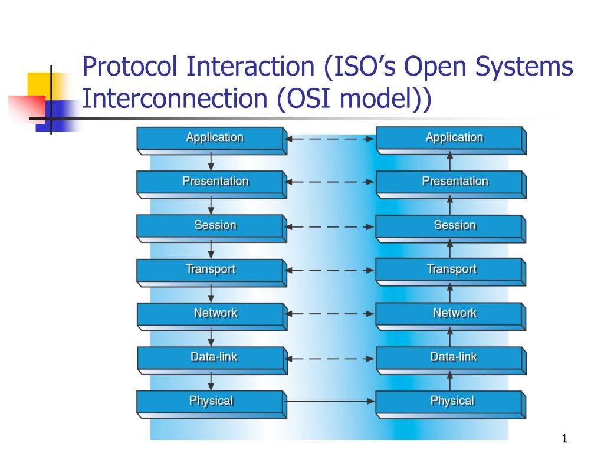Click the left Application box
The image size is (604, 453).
coord(211,140)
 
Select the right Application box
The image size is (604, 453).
coord(451,140)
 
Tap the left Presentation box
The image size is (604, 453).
coord(211,183)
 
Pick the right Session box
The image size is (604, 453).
coord(451,227)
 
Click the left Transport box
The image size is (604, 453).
coord(211,271)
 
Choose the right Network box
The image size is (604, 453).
coord(451,315)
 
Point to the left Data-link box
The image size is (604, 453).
coord(211,359)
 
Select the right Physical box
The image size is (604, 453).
coord(451,403)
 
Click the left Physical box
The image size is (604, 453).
coord(211,403)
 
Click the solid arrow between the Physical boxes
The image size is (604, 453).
coord(330,402)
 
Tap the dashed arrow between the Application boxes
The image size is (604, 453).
coord(330,139)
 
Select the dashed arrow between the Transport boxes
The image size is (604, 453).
coord(330,271)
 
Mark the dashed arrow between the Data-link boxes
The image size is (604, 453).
coord(330,358)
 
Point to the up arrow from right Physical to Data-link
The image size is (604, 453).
coord(450,382)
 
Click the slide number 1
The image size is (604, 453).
coord(564,438)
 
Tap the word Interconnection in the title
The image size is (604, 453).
coord(175,99)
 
